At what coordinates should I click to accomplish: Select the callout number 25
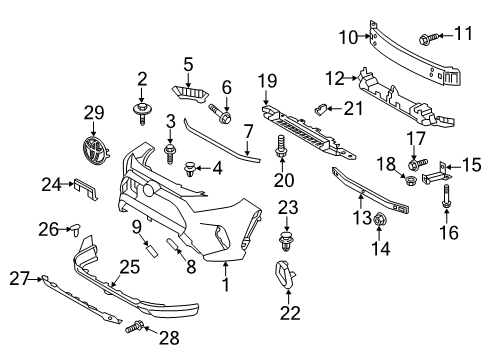(126, 267)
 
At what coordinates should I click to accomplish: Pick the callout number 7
(247, 132)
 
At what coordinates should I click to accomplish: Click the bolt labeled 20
(280, 150)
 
